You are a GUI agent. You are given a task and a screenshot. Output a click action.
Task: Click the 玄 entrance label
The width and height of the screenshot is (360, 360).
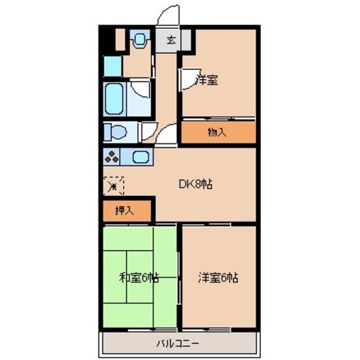click(171, 41)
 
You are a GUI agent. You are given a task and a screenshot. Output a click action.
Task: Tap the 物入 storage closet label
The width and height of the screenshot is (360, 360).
click(217, 133)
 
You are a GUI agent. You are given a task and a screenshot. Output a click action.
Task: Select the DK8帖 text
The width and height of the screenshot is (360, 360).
click(196, 184)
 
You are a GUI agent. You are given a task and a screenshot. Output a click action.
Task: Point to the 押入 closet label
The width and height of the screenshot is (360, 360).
click(124, 211)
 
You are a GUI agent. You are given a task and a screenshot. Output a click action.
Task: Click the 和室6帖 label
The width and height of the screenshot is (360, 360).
click(139, 278)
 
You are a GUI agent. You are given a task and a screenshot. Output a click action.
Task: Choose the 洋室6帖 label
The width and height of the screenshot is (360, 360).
click(219, 278)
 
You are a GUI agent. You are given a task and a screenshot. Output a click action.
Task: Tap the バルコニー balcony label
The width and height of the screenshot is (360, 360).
click(178, 344)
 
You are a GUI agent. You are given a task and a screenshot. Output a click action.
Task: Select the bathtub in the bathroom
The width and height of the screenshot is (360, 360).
click(114, 99)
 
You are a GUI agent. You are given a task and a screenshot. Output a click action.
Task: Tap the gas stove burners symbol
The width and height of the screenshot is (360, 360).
click(112, 157)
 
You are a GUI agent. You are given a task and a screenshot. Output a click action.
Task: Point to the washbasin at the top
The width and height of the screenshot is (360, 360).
click(140, 40)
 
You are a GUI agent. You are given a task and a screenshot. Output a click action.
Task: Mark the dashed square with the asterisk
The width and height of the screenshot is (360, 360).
click(113, 185)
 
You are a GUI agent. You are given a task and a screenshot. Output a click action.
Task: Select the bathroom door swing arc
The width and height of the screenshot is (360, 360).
click(142, 90)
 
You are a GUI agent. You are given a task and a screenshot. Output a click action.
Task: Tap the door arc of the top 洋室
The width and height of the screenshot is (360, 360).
click(188, 78)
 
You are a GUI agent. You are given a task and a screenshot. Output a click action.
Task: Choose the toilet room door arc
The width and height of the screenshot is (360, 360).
click(148, 131)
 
